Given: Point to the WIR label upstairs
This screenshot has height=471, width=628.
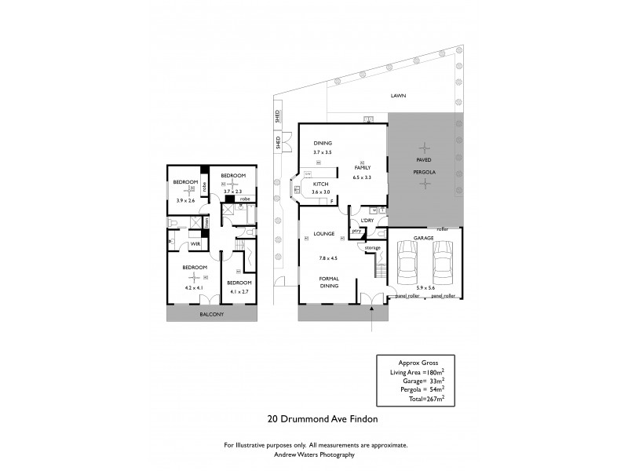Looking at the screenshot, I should [x=195, y=244].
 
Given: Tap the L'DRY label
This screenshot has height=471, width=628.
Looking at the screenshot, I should [x=367, y=221].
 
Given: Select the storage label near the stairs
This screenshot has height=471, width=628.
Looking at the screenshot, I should [x=372, y=248].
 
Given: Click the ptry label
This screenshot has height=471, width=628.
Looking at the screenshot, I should [x=356, y=232].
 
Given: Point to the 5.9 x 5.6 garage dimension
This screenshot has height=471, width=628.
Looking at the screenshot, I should [x=425, y=289].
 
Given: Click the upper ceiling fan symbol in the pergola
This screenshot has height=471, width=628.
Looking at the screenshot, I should [x=425, y=146].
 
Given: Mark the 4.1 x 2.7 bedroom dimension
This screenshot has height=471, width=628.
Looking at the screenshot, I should [x=239, y=292].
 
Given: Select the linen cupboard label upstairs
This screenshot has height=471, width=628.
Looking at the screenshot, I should [x=206, y=223].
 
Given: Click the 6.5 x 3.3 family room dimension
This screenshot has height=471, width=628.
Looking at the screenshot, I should [x=362, y=178].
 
